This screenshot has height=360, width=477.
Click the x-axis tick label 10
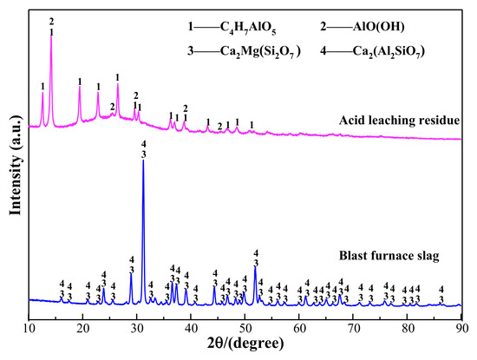[x=29, y=329]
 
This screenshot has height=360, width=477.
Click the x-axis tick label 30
[x=136, y=329]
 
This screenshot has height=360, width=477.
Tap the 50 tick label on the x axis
[x=245, y=329]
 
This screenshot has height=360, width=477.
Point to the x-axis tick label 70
[x=353, y=329]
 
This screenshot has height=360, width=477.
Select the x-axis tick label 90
[x=461, y=329]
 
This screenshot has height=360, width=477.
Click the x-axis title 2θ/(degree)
[x=245, y=344]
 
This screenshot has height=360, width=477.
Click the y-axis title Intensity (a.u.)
[x=16, y=166]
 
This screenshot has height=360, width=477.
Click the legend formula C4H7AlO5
[x=248, y=28]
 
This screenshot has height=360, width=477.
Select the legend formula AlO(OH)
[x=378, y=27]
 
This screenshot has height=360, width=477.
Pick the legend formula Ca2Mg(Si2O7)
[x=260, y=51]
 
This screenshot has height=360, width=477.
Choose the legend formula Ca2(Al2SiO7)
[x=389, y=51]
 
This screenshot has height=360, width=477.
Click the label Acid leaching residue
[x=399, y=121]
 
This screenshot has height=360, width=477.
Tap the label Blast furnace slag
[x=389, y=256]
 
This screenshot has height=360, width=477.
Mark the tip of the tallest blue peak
[x=143, y=160]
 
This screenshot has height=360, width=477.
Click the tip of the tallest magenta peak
[x=51, y=36]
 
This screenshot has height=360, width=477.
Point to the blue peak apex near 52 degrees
[x=255, y=267]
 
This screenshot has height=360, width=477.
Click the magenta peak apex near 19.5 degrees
[x=80, y=87]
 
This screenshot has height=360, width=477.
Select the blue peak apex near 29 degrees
[x=131, y=273]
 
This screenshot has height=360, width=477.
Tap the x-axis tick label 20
[x=82, y=329]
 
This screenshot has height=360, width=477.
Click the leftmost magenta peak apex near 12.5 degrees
[x=42, y=92]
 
